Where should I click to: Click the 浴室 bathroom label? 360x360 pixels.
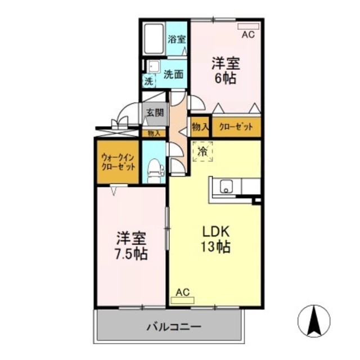(x=177, y=39)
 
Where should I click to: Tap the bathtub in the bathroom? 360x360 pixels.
(x=152, y=39)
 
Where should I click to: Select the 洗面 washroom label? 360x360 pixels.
(x=173, y=74)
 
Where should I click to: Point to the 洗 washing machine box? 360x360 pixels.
(x=148, y=81)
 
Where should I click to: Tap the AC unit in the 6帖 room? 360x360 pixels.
(x=248, y=26)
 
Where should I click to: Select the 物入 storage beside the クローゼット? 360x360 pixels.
(x=200, y=127)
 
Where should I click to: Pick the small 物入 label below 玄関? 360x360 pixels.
(x=154, y=133)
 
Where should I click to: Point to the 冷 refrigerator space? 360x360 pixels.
(x=202, y=151)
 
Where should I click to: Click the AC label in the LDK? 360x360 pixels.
(x=182, y=292)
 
